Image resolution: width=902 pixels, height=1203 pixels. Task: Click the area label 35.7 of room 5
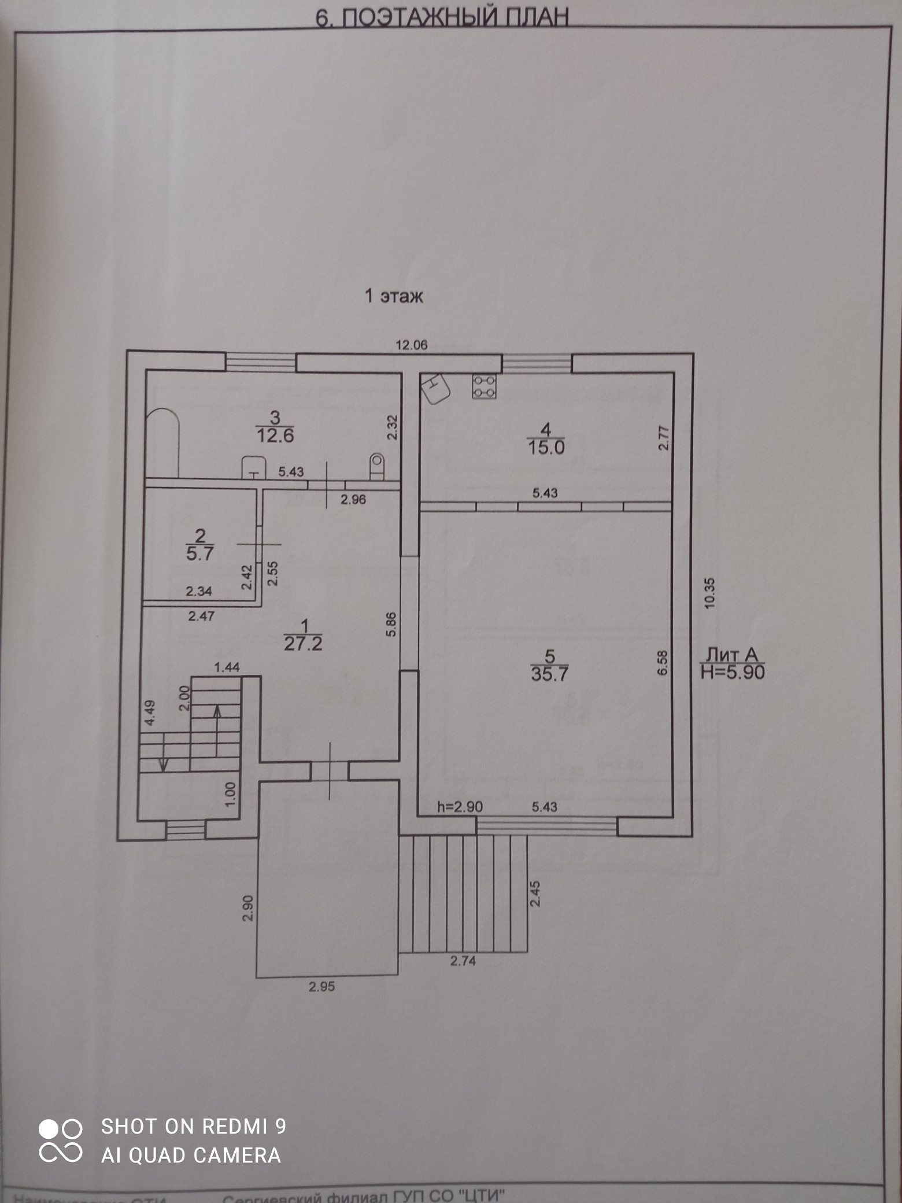click(x=550, y=674)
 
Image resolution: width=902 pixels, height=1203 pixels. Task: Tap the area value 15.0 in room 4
click(x=546, y=447)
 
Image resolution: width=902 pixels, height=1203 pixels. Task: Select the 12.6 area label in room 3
click(x=275, y=435)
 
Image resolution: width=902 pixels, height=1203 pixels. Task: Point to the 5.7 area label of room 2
click(x=199, y=553)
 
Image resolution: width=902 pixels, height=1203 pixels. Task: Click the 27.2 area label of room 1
click(x=303, y=643)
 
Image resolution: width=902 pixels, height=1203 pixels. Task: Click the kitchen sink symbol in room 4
click(x=436, y=388)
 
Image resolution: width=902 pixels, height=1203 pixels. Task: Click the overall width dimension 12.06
click(x=411, y=345)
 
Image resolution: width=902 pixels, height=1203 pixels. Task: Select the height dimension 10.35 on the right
click(x=710, y=592)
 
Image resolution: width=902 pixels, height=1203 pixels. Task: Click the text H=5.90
click(x=733, y=672)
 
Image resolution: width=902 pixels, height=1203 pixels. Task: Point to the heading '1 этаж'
click(x=394, y=296)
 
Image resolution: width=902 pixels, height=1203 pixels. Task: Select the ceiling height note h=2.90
click(x=460, y=806)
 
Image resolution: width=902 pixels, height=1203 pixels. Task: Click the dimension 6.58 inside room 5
click(x=663, y=662)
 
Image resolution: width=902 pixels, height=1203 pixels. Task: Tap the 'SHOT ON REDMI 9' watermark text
click(x=193, y=1127)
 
